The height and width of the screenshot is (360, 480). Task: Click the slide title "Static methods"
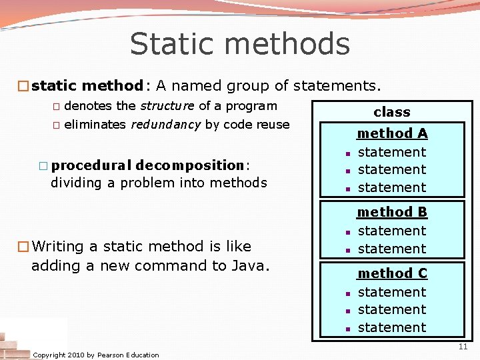tap(239, 44)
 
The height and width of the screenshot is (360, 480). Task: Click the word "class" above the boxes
tap(392, 112)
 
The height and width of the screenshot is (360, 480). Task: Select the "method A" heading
tap(392, 133)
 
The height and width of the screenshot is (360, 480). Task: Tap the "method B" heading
tap(392, 212)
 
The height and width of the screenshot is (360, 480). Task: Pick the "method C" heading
tap(392, 273)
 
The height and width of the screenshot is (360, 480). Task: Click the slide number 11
tap(463, 347)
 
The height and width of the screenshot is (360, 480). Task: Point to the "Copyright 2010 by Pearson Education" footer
tap(96, 355)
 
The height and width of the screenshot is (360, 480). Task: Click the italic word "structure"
tap(167, 106)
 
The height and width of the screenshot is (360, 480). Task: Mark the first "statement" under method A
tap(392, 152)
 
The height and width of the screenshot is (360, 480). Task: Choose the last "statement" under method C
tap(392, 327)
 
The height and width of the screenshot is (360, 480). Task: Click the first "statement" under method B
tap(392, 231)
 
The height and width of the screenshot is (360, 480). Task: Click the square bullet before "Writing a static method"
tap(23, 247)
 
